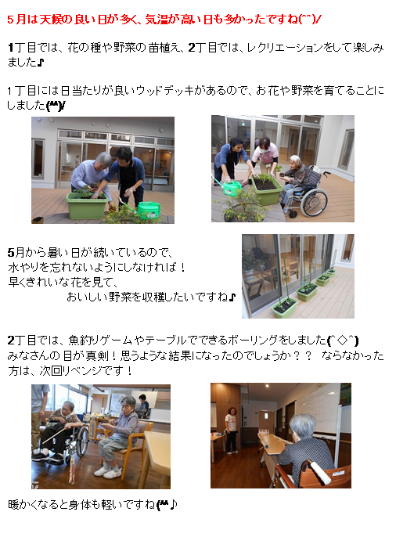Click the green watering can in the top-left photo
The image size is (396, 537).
coord(149,208)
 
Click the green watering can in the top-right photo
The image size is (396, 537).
coord(232,188)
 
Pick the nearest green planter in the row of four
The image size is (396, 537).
coord(283,306)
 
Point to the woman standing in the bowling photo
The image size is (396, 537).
coord(231,429)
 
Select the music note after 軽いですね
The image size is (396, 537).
coord(174,504)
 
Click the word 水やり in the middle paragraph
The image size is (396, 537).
coord(24,268)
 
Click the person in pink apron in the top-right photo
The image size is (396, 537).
coord(265,156)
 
